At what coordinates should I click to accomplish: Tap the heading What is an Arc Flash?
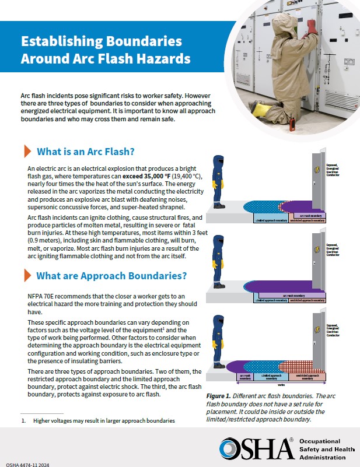pos(86,152)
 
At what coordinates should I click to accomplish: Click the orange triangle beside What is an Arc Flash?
pos(27,152)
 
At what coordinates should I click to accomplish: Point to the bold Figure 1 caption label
pos(220,396)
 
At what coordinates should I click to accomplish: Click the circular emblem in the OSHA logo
pos(230,448)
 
